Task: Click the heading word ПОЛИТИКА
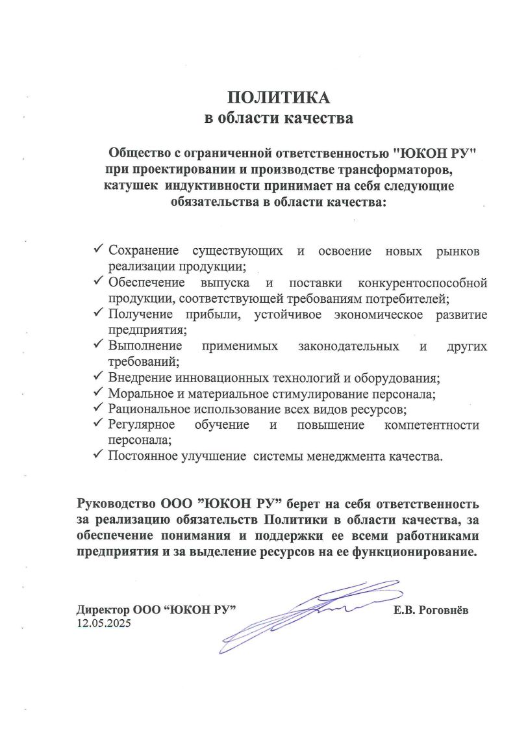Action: [x=279, y=97]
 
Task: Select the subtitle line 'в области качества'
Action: [x=279, y=119]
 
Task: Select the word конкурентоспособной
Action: [x=422, y=283]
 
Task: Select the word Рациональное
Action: [x=149, y=409]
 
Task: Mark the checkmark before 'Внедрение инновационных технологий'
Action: [x=99, y=377]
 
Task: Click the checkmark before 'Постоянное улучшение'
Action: [x=99, y=455]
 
